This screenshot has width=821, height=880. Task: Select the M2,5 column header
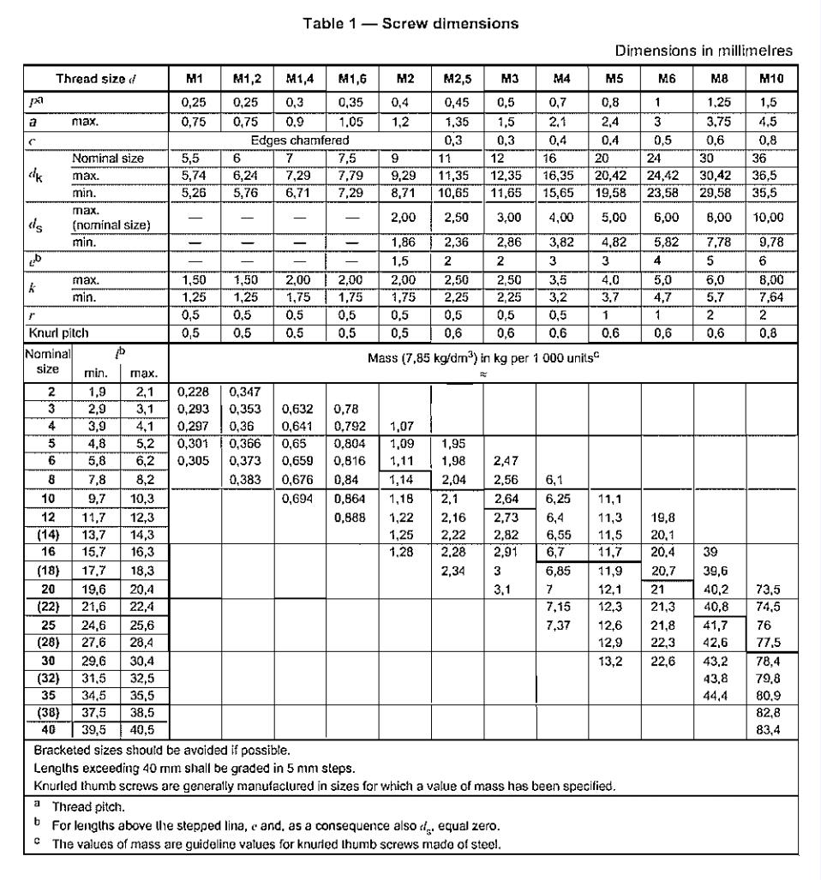click(452, 80)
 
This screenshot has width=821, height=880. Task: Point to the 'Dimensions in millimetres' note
click(718, 51)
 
